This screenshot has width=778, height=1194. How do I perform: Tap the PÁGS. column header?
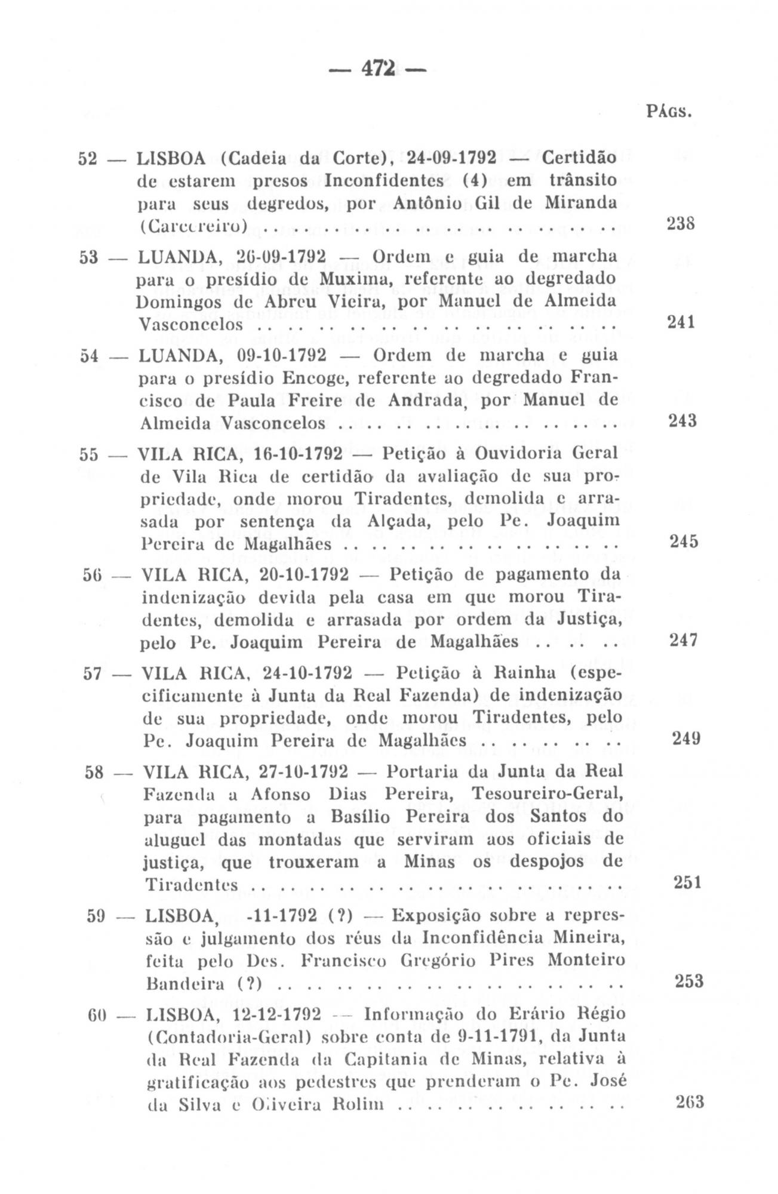(x=669, y=112)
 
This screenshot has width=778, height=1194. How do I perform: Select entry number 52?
(x=88, y=158)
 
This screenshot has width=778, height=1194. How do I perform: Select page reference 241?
(x=681, y=322)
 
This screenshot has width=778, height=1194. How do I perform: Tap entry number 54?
(x=90, y=356)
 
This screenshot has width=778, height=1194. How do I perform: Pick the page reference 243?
(x=681, y=421)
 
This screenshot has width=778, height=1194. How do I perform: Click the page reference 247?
(x=684, y=640)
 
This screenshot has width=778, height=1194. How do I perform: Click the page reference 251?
(x=687, y=882)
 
